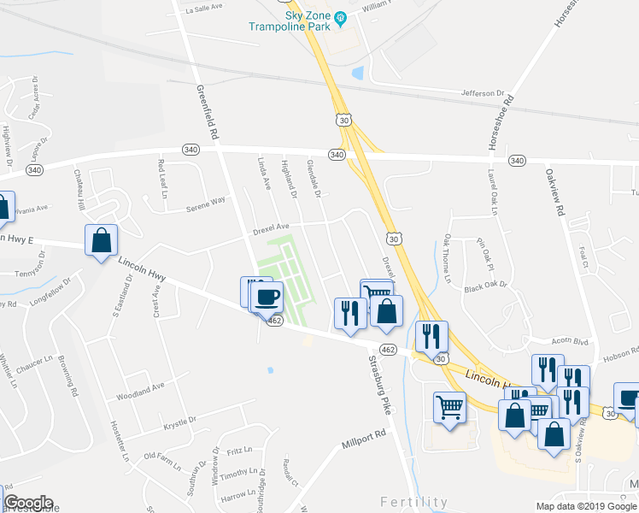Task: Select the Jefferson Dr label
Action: click(x=483, y=93)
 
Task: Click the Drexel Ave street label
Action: click(x=272, y=227)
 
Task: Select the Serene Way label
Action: click(x=207, y=203)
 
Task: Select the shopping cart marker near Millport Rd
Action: click(x=450, y=408)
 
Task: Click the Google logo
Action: click(x=28, y=503)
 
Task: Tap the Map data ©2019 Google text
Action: click(x=585, y=506)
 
